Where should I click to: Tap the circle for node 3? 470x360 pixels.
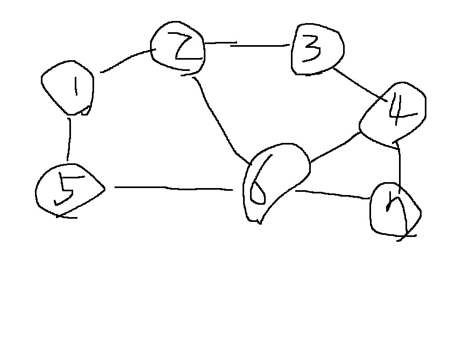tap(317, 50)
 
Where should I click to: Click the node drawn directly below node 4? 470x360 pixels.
tap(394, 210)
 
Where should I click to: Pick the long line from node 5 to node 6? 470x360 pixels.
tap(172, 188)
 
